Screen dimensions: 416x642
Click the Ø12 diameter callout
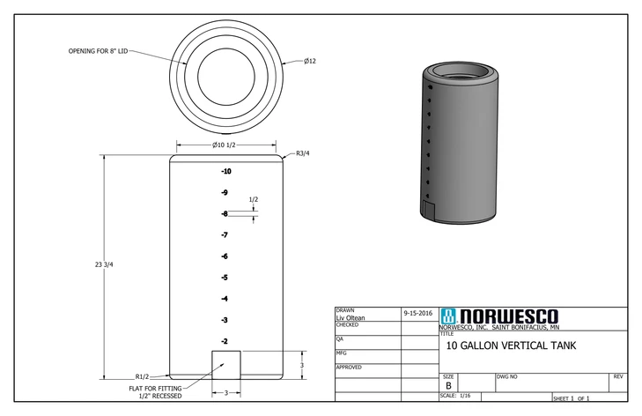[309, 61]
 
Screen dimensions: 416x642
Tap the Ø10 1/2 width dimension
[224, 145]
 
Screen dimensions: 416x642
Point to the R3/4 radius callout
[303, 153]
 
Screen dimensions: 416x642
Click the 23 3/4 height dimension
[104, 265]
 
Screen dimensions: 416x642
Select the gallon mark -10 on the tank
[225, 171]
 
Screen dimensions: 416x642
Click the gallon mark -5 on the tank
[225, 278]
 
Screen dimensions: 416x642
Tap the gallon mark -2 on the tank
[225, 341]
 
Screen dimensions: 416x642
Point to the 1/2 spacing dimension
[254, 200]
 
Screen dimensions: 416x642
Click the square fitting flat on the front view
[225, 364]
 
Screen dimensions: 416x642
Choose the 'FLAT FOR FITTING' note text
[156, 387]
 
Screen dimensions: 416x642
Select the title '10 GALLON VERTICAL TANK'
[511, 346]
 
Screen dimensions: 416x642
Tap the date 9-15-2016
[417, 313]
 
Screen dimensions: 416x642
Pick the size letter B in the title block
[448, 386]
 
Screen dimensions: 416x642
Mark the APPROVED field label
[351, 367]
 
